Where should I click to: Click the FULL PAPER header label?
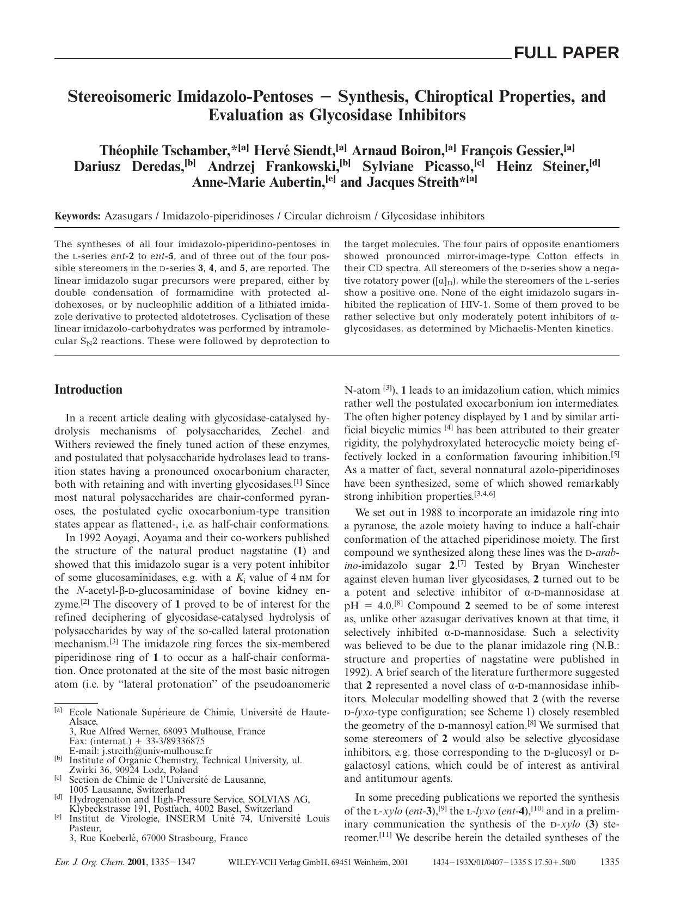[566, 53]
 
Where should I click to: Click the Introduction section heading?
[89, 389]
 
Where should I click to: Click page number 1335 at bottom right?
[609, 862]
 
